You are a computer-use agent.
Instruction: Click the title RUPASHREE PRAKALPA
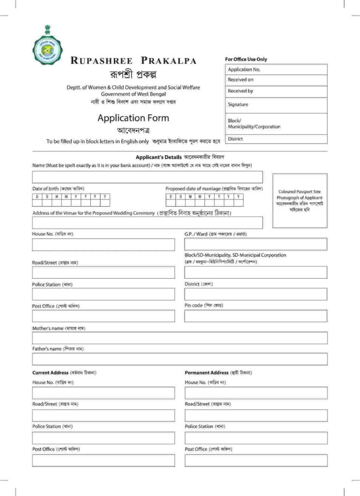(133, 61)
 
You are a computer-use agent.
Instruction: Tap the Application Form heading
(133, 118)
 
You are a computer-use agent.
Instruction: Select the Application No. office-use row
(276, 70)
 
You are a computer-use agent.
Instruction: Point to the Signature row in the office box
(276, 105)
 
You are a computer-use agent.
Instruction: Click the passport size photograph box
(299, 201)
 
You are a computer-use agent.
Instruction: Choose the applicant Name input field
(147, 177)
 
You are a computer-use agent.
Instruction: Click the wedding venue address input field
(147, 223)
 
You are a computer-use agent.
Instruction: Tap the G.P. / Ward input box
(255, 244)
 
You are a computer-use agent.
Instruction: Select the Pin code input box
(255, 316)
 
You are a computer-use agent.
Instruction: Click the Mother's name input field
(179, 338)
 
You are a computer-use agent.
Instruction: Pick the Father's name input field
(179, 359)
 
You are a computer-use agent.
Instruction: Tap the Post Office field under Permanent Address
(256, 460)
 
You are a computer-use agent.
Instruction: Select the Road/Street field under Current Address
(103, 416)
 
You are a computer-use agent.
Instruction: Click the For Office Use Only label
(246, 59)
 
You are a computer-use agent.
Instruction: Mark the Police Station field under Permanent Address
(256, 438)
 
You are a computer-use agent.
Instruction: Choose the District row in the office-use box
(276, 139)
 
